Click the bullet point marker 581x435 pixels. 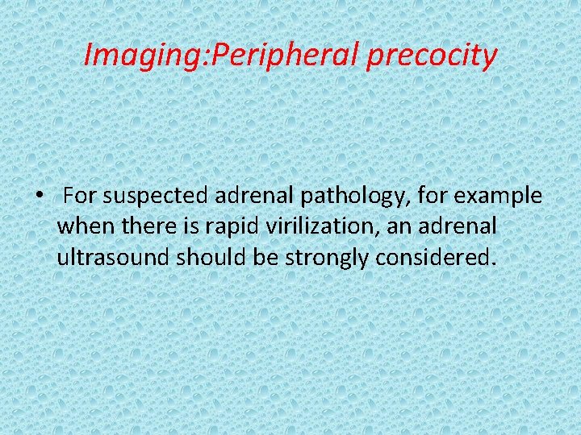(39, 197)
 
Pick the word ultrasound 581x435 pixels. (114, 258)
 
